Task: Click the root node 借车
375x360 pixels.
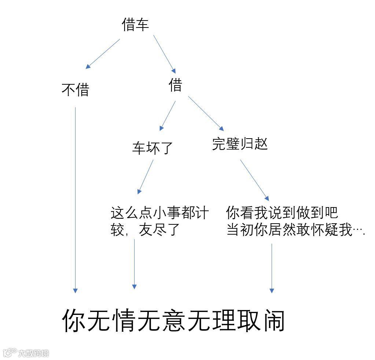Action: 135,25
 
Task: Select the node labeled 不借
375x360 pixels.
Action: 75,90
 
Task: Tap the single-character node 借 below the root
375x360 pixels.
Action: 175,85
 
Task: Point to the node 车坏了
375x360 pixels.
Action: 152,148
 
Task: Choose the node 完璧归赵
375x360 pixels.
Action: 240,144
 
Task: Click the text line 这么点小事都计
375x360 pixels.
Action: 159,213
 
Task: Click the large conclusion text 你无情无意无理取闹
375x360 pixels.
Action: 173,320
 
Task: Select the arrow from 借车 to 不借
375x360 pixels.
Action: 103,54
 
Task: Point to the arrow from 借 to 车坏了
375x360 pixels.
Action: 168,116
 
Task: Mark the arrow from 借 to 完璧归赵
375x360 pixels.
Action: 206,113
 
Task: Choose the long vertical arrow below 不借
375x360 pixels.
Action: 75,200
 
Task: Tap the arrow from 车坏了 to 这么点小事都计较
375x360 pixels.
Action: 146,177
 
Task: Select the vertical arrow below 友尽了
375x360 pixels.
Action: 134,264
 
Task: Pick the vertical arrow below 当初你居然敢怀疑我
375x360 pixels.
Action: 272,268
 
